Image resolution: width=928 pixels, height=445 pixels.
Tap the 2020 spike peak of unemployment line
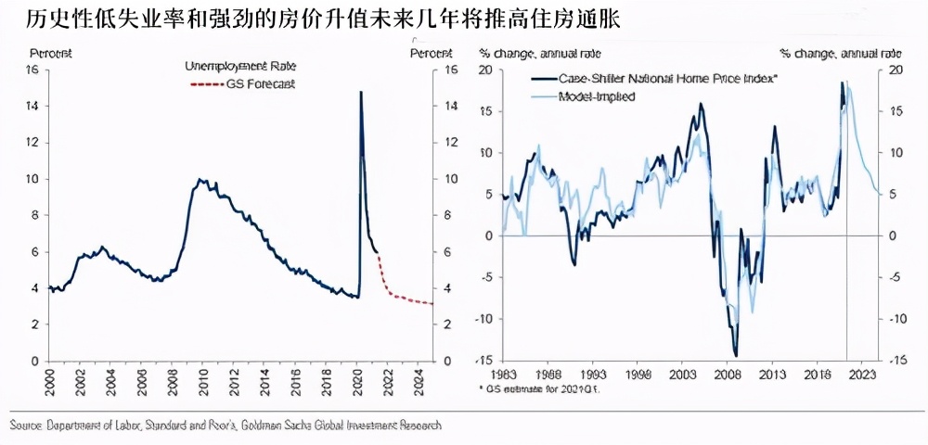point(360,92)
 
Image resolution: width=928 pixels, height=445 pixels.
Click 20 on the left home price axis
point(483,70)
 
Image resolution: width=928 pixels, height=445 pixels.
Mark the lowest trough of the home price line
point(736,355)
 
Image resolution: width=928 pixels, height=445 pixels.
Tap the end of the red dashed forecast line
point(432,303)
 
